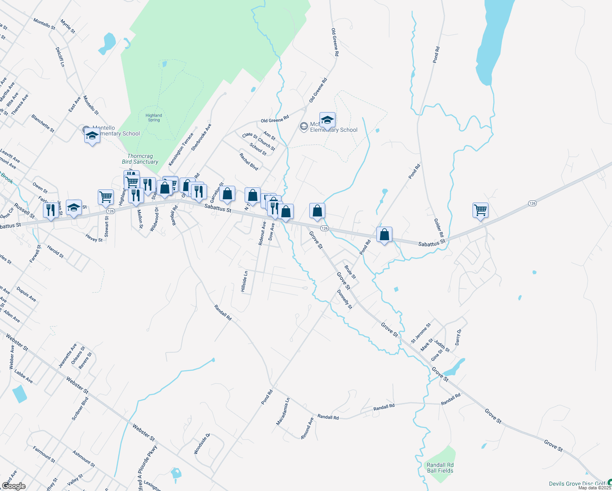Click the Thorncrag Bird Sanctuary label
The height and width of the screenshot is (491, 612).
point(140,159)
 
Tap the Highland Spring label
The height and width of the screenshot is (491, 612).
point(154,118)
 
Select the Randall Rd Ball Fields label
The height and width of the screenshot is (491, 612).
point(440,468)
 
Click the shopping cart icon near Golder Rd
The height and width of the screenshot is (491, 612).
point(480,210)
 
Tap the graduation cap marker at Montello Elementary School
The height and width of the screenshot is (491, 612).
point(92,136)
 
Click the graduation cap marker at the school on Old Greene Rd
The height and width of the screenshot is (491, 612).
point(327,120)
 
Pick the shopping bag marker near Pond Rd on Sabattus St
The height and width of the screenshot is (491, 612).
point(384,235)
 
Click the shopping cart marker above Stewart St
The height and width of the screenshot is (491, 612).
point(106,197)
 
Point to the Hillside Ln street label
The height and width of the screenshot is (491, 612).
point(244,282)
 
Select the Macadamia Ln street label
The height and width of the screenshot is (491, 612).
point(283,411)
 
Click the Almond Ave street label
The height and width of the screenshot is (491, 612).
point(307,428)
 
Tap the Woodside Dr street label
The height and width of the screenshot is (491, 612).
point(202,444)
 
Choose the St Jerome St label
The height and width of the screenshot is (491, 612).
point(421,333)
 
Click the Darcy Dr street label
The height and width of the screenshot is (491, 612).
point(458,337)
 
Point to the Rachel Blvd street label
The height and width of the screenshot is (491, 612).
point(249,162)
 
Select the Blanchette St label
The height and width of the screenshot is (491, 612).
point(43,123)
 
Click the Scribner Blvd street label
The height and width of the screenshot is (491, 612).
point(80,409)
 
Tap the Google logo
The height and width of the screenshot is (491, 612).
point(14,486)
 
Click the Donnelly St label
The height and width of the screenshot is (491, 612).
point(344,299)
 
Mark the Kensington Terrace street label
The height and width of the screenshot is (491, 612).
point(181,149)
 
